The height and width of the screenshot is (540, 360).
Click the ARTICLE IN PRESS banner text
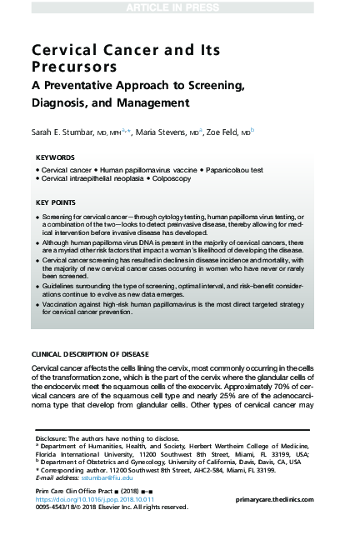[180, 7]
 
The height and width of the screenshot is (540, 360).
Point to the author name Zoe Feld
[227, 131]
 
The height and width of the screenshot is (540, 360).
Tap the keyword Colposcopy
[177, 178]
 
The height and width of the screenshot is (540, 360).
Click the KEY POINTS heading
[57, 202]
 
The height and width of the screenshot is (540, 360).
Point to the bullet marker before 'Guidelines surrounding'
[37, 286]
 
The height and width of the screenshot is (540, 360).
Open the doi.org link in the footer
[90, 498]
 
